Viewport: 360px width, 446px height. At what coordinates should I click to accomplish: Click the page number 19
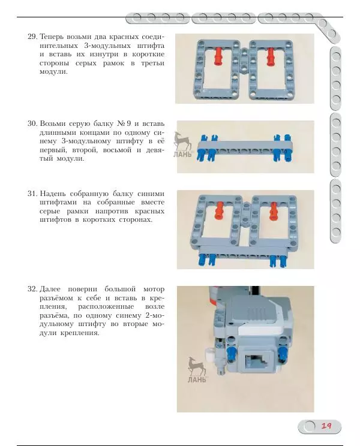coord(326,426)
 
